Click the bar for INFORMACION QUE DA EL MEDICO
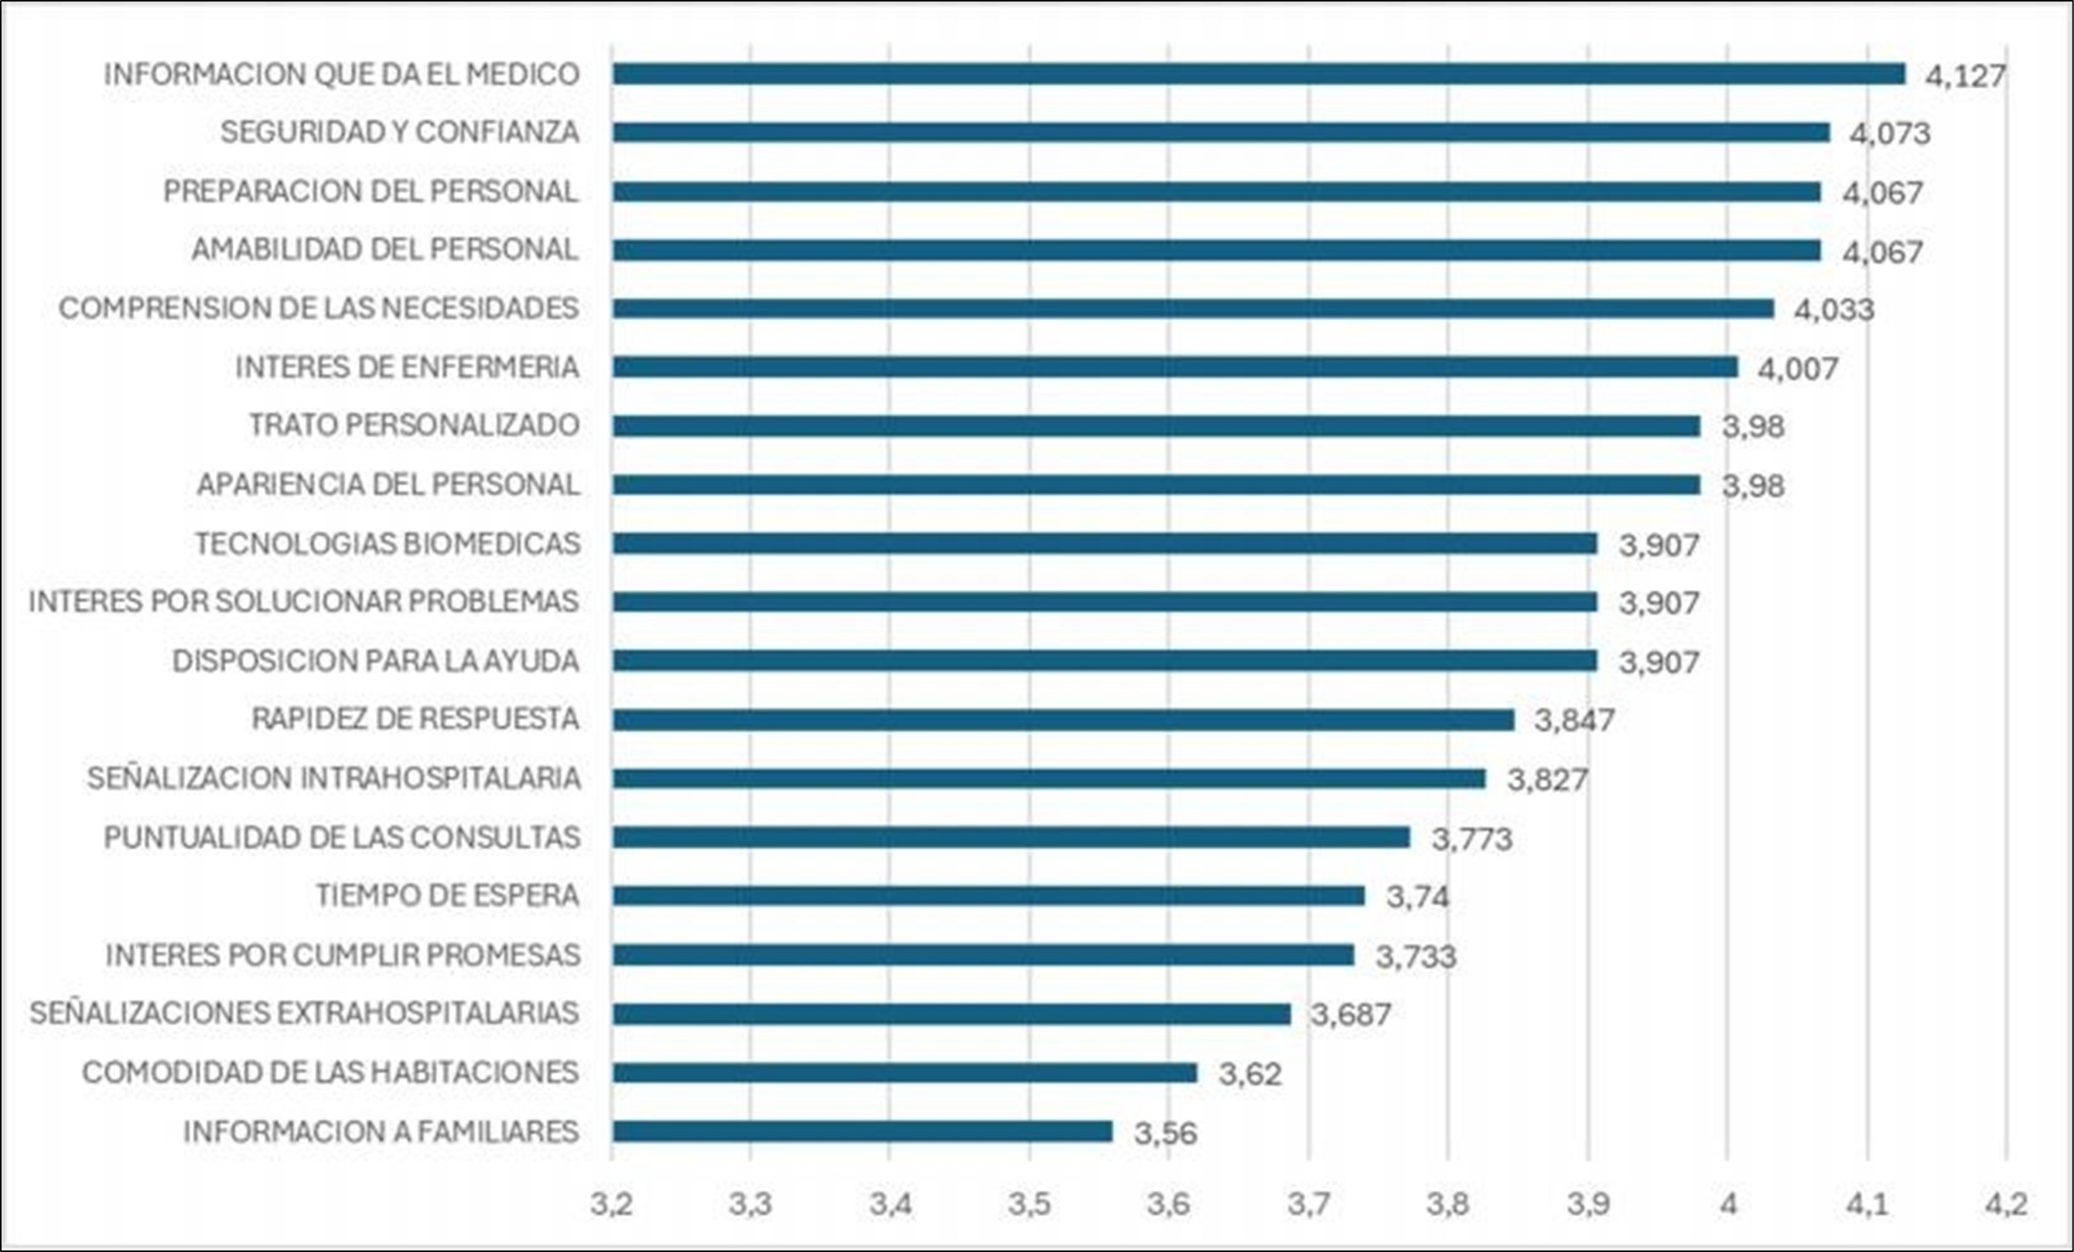[x=1259, y=74]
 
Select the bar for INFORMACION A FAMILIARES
[x=862, y=1131]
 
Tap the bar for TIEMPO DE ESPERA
[x=988, y=896]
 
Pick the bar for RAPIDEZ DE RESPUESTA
[x=1063, y=720]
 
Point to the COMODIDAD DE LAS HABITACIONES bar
[x=904, y=1073]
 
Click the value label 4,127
[x=1966, y=77]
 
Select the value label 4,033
[x=1834, y=309]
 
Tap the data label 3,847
[x=1574, y=720]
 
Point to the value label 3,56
[x=1165, y=1134]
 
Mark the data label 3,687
[x=1350, y=1015]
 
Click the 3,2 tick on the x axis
[x=611, y=1204]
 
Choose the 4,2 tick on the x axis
[x=2006, y=1204]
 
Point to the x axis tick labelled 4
[x=1728, y=1204]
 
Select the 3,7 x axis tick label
[x=1308, y=1204]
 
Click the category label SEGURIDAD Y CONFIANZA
[x=400, y=132]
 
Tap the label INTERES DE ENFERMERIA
[x=408, y=367]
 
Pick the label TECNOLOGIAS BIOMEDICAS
[x=388, y=544]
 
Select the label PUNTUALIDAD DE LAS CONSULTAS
[x=342, y=838]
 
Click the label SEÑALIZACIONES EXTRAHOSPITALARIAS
[x=304, y=1013]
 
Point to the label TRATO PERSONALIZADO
[x=414, y=425]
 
